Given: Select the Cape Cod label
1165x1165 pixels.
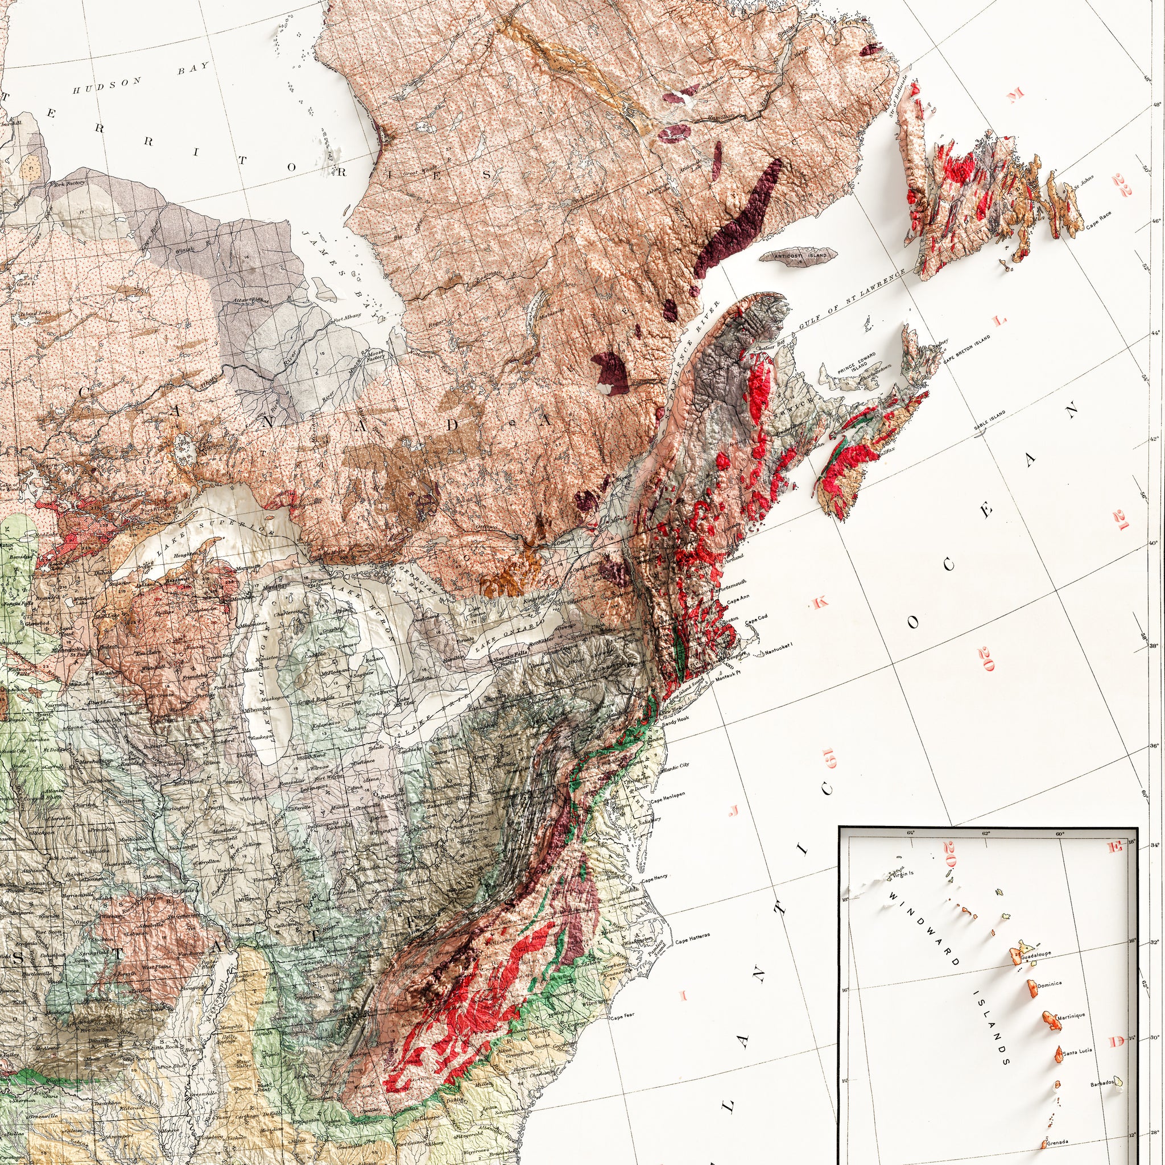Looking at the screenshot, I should (x=757, y=622).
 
